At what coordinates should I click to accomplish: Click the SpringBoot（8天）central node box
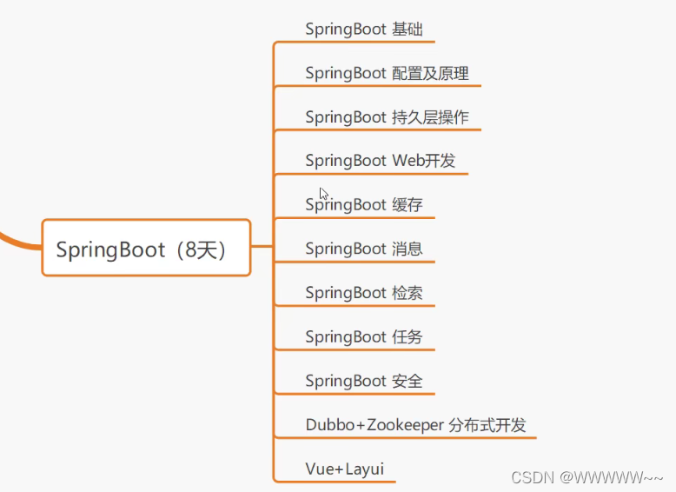tap(146, 249)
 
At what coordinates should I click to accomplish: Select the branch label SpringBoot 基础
tap(364, 29)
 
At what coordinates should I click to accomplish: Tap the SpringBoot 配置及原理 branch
tap(387, 73)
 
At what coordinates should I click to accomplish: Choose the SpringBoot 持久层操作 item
tap(388, 116)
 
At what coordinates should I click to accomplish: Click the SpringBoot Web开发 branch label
tap(380, 161)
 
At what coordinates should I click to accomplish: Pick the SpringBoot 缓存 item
tap(364, 205)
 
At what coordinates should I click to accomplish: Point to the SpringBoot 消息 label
tap(364, 249)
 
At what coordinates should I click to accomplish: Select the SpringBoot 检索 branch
tap(364, 293)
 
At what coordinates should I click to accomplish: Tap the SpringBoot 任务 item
tap(364, 336)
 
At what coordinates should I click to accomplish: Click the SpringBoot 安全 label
tap(364, 381)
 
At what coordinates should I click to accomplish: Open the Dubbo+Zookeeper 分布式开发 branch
tap(415, 425)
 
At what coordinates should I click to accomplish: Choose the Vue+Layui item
tap(344, 469)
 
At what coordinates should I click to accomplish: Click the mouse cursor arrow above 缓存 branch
tap(323, 194)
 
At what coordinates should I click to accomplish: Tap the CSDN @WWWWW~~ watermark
tap(587, 476)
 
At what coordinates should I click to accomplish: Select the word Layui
tap(364, 469)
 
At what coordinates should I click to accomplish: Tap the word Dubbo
tap(326, 425)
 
